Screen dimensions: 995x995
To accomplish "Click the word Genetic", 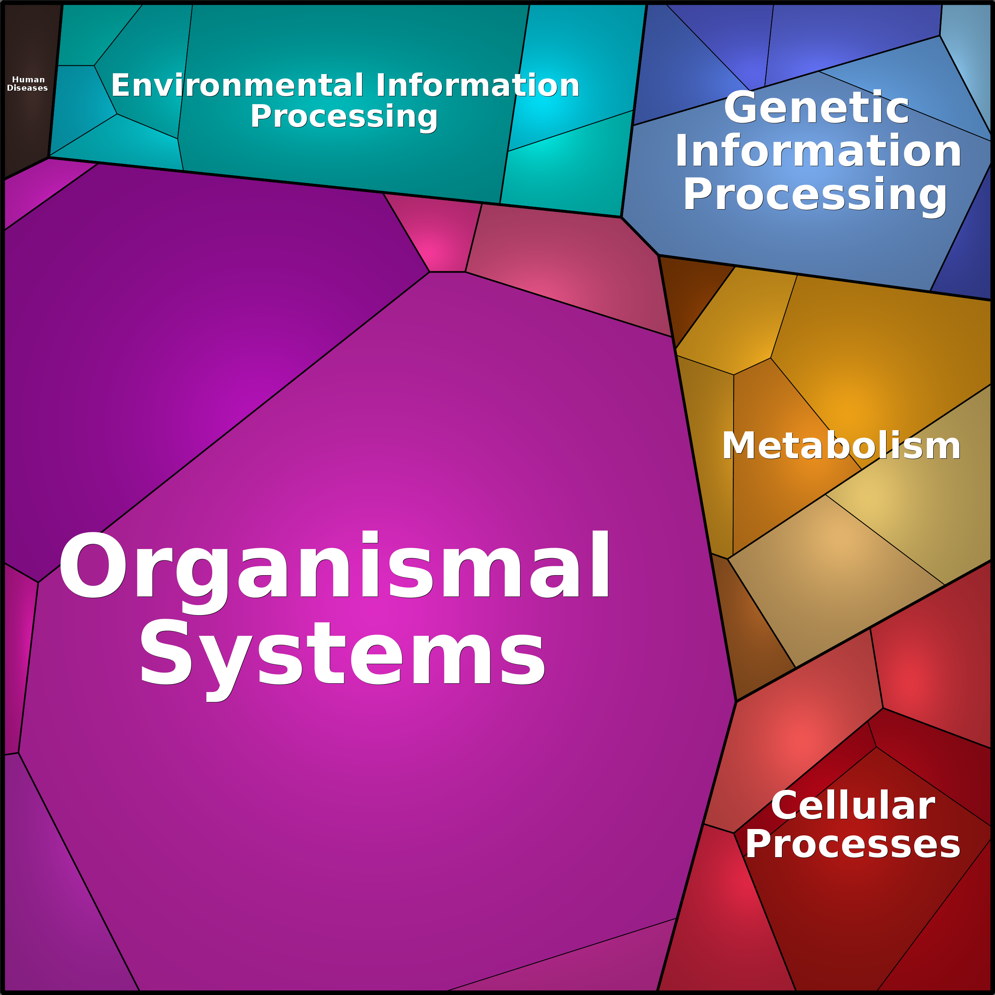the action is pos(817,108).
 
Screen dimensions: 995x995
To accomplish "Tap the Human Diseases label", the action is pos(28,84).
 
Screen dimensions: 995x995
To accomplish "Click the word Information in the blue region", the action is pos(818,151).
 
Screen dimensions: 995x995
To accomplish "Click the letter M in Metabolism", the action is pos(739,446).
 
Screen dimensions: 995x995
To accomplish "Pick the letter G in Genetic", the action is pos(741,108).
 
